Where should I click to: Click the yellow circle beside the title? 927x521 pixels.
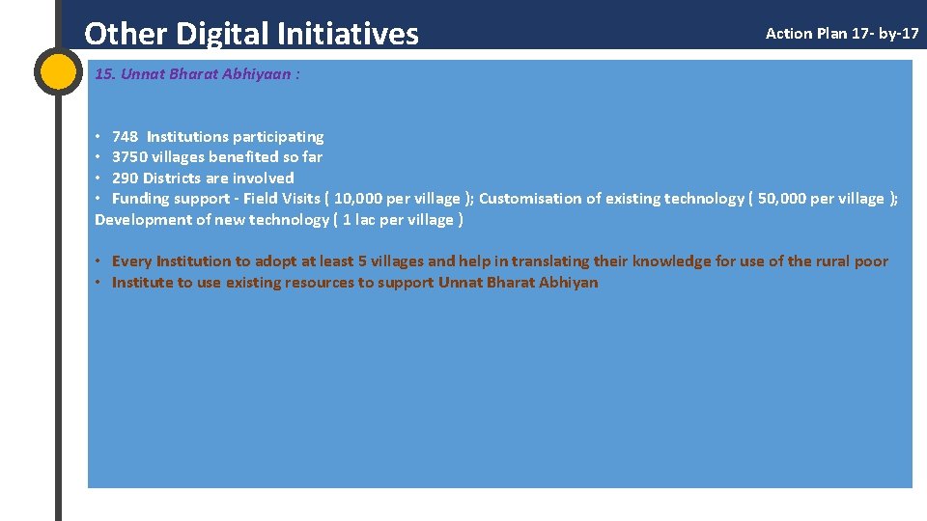coord(58,72)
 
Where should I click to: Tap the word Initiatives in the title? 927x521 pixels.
coord(348,34)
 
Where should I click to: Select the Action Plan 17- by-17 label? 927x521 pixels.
coord(842,34)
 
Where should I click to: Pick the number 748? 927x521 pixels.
coord(125,136)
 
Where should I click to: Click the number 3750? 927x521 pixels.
coord(130,157)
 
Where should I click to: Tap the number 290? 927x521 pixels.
coord(125,178)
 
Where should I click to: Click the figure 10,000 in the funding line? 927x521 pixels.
coord(356,199)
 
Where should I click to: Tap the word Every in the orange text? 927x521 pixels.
coord(132,261)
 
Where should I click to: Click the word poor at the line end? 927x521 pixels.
coord(871,261)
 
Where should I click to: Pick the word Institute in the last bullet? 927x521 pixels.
coord(142,283)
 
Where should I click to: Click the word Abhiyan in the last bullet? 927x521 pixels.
coord(569,283)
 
